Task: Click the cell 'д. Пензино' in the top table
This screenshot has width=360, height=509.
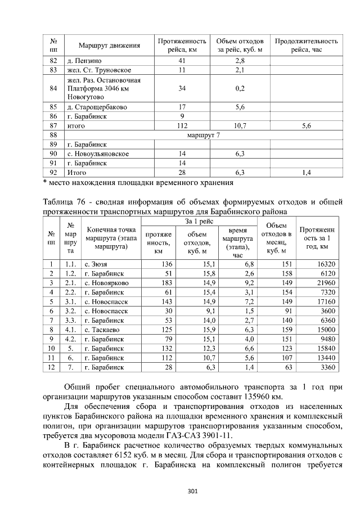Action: coord(85,60)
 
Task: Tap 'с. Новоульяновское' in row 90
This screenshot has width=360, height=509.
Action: coord(98,154)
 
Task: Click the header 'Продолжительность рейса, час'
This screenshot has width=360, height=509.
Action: coord(306,45)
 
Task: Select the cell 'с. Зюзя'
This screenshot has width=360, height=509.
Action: coord(96,263)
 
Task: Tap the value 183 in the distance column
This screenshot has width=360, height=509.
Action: coord(166,282)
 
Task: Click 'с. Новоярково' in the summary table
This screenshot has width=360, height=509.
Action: coord(106,282)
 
